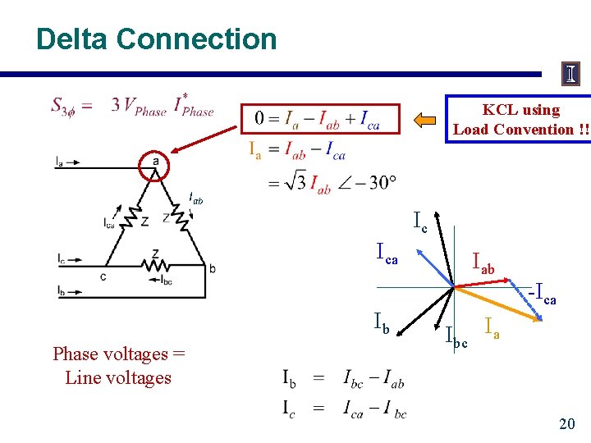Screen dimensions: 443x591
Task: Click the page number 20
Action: tap(566, 423)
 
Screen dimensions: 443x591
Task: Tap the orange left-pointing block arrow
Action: tap(425, 121)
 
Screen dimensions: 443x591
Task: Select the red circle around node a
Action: tap(156, 163)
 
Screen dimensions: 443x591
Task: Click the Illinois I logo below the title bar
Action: tap(570, 75)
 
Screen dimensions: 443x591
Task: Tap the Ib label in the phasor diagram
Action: tap(382, 322)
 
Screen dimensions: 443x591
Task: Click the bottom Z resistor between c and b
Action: tap(156, 264)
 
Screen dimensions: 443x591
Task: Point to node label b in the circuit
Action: tap(213, 268)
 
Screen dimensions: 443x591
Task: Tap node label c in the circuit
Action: tap(103, 276)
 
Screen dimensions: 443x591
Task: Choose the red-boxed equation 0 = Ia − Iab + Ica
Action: tap(321, 119)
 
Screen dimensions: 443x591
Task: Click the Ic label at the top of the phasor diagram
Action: tap(419, 220)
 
